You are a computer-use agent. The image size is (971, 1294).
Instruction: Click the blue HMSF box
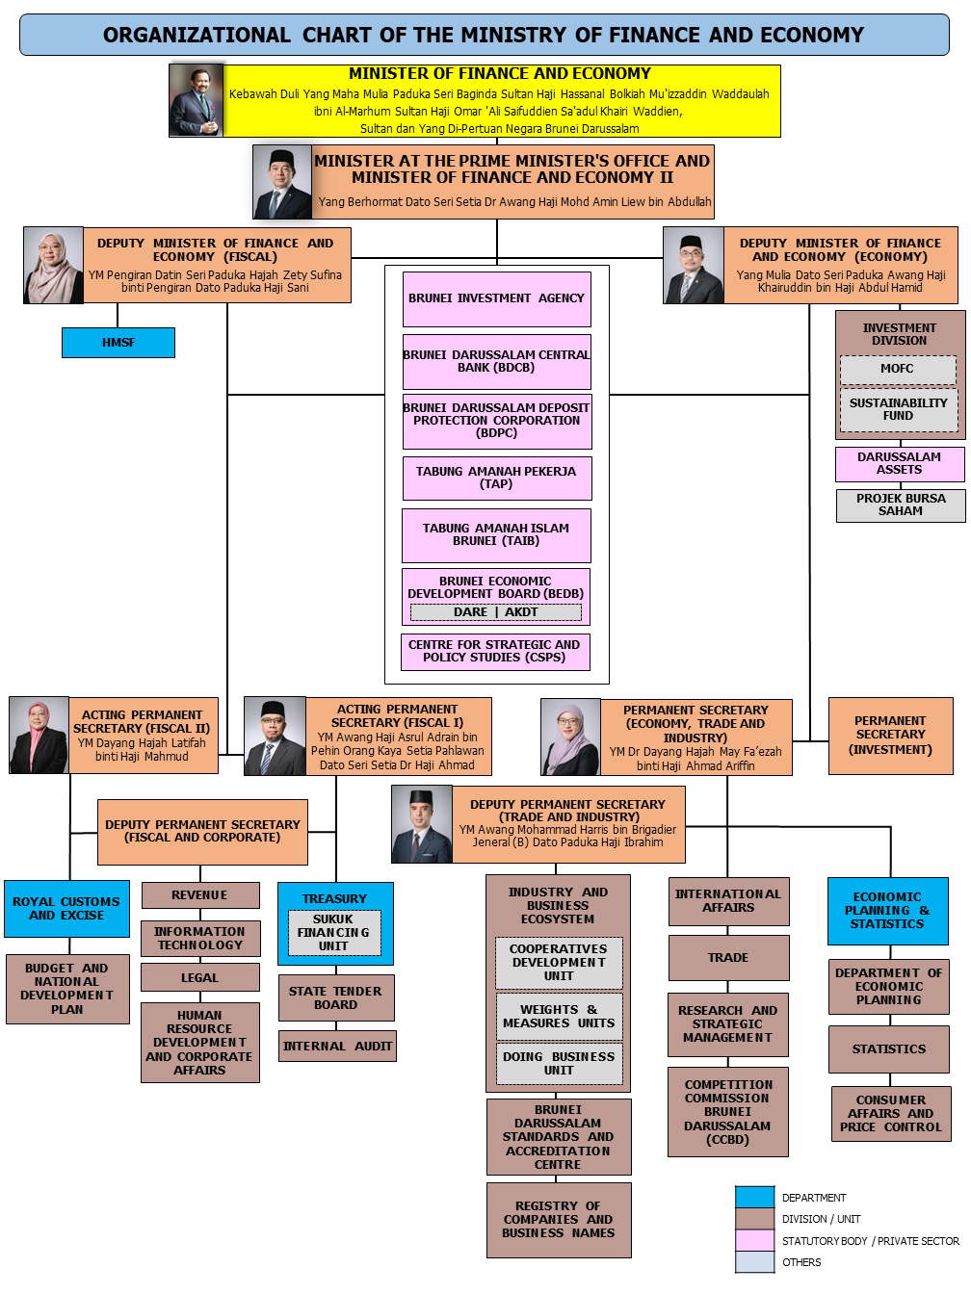click(118, 343)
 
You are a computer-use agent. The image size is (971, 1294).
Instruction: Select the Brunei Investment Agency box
click(496, 298)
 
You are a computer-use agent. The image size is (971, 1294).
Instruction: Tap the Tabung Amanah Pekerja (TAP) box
click(496, 478)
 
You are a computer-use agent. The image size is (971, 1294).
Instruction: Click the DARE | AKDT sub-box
click(496, 612)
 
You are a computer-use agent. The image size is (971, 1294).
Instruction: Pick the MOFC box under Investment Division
click(898, 369)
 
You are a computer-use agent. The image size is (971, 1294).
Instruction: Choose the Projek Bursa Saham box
click(901, 505)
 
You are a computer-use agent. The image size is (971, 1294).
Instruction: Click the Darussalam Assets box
click(900, 464)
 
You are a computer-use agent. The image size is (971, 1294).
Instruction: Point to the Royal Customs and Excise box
click(66, 909)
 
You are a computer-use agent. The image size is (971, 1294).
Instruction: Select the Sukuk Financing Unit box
click(333, 933)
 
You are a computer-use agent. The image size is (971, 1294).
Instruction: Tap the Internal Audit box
click(337, 1047)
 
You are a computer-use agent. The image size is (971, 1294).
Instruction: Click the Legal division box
click(200, 978)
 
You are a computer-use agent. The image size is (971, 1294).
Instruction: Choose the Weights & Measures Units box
click(559, 1017)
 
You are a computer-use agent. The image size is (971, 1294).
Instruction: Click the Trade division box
click(728, 958)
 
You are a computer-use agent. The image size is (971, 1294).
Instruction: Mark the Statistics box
click(889, 1049)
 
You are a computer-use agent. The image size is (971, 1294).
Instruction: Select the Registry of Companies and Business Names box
click(559, 1220)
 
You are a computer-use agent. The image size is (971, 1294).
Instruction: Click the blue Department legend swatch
click(754, 1198)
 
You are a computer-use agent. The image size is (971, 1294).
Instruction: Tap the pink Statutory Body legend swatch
click(754, 1241)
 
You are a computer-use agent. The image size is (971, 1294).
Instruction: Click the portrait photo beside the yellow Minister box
click(197, 100)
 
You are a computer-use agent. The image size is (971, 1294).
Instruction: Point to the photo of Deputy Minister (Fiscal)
click(53, 266)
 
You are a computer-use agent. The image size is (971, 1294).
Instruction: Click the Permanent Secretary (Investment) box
click(890, 736)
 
